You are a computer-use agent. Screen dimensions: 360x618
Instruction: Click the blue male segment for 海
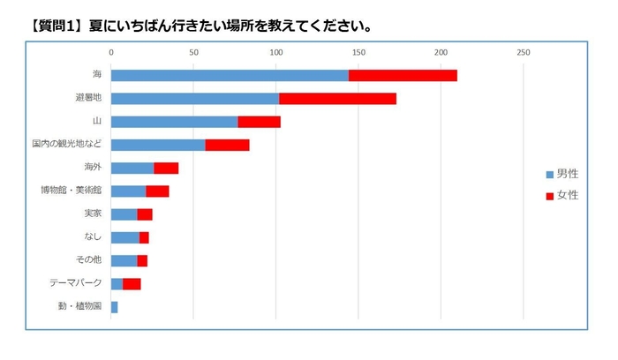pyautogui.click(x=230, y=75)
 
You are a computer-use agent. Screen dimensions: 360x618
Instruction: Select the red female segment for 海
pyautogui.click(x=403, y=75)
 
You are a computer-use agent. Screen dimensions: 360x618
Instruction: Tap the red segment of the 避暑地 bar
pyautogui.click(x=337, y=98)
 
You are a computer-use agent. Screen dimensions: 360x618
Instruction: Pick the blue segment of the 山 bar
pyautogui.click(x=174, y=121)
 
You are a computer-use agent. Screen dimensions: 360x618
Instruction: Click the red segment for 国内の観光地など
pyautogui.click(x=227, y=145)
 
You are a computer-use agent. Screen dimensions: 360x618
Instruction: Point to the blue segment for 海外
pyautogui.click(x=132, y=168)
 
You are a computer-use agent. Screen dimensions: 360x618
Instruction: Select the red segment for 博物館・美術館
pyautogui.click(x=157, y=191)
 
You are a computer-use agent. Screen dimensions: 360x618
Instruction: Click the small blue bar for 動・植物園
pyautogui.click(x=114, y=307)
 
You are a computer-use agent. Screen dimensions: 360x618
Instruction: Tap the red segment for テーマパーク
pyautogui.click(x=132, y=283)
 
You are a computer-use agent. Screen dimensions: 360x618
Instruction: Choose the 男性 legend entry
pyautogui.click(x=561, y=174)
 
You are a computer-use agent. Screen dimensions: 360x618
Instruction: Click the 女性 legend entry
pyautogui.click(x=561, y=194)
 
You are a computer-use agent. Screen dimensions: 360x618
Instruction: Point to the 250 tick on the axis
pyautogui.click(x=524, y=53)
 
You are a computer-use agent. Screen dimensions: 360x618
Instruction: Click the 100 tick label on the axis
pyautogui.click(x=276, y=53)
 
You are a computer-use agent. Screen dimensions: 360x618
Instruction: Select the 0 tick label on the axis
pyautogui.click(x=111, y=53)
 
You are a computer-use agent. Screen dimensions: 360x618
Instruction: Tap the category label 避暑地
pyautogui.click(x=88, y=98)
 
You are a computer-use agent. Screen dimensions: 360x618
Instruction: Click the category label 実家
pyautogui.click(x=93, y=214)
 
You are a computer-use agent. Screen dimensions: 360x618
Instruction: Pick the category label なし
pyautogui.click(x=93, y=236)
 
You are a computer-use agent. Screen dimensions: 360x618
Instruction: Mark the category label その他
pyautogui.click(x=90, y=260)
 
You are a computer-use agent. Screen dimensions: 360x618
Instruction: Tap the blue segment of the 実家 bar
pyautogui.click(x=124, y=214)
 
